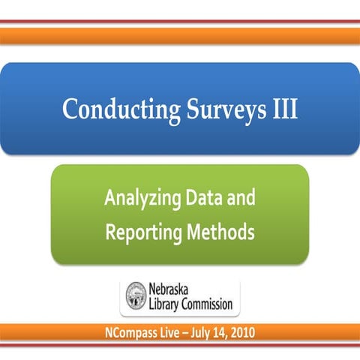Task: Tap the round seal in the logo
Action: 136,298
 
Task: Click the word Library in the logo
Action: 168,305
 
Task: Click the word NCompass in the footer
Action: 133,331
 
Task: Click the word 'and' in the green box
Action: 241,199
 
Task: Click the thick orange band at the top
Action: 180,35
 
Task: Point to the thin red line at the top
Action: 180,21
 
